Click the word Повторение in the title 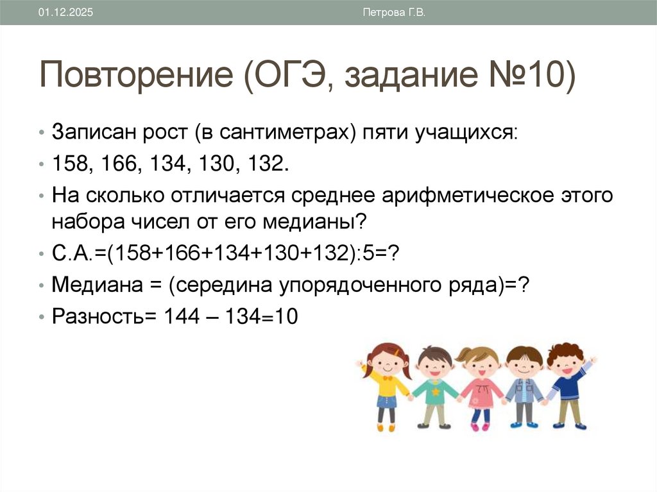tap(136, 76)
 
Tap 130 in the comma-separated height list tap(216, 164)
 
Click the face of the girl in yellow tap(386, 362)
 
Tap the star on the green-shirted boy tap(436, 390)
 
